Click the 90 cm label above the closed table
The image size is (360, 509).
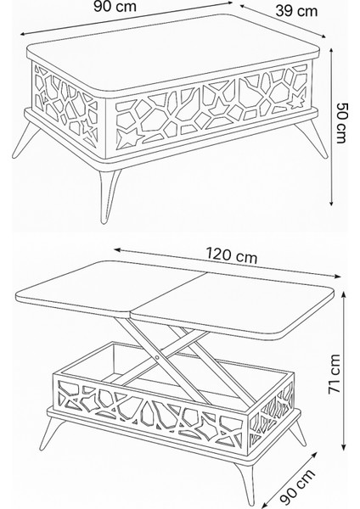tap(127, 7)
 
